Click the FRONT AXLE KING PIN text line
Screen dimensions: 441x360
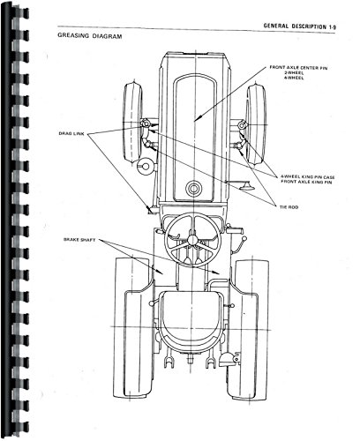pos(296,183)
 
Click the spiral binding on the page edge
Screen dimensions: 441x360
pos(10,220)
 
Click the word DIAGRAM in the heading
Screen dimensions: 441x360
pos(103,39)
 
